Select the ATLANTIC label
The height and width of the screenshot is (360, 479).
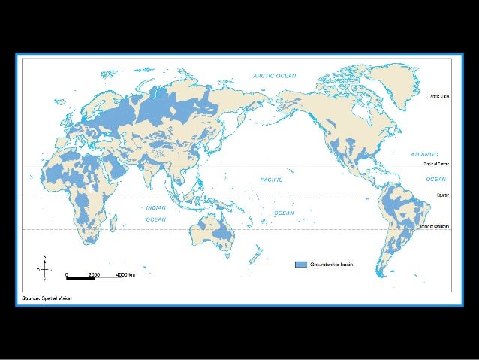point(425,154)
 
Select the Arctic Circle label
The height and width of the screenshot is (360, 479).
point(439,96)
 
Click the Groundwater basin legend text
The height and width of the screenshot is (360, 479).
point(332,265)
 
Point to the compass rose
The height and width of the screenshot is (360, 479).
point(45,267)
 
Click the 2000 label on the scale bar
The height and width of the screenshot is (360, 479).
point(94,274)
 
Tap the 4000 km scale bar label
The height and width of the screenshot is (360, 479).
point(125,274)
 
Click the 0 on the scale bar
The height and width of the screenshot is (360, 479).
point(66,274)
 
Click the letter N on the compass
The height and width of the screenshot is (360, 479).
point(45,257)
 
